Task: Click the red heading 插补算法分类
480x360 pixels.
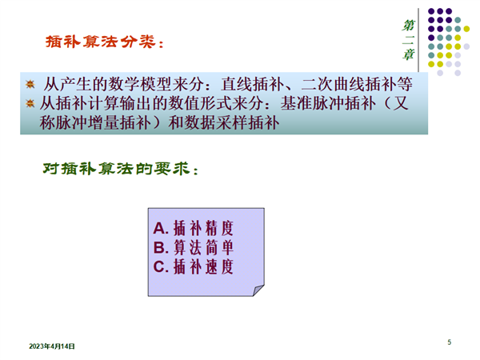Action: [101, 42]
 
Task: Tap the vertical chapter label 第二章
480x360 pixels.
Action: [408, 40]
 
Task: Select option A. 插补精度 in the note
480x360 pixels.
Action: [193, 228]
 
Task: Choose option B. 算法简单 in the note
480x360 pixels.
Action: [193, 247]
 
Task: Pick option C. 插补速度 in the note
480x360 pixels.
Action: [193, 266]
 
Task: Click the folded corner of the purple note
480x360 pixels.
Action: [258, 290]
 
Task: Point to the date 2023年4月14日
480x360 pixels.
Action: [52, 346]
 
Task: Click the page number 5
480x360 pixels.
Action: [449, 342]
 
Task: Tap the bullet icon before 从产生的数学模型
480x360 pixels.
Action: [30, 84]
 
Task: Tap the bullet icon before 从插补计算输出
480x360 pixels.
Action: [30, 103]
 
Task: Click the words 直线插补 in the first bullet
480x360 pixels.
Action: [253, 84]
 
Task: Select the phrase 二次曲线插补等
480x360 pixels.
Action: [357, 84]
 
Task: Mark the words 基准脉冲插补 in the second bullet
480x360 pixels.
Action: [328, 103]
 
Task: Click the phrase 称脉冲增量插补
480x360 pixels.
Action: [95, 122]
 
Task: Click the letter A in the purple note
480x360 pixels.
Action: [159, 228]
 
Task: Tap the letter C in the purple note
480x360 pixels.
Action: [159, 266]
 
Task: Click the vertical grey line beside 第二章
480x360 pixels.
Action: [418, 40]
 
